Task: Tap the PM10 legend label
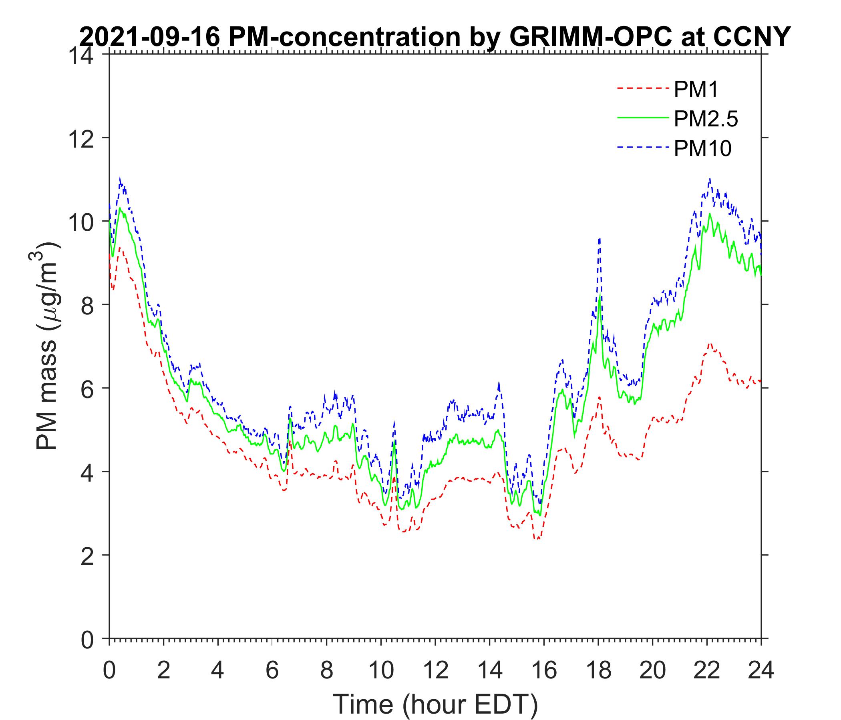pos(702,149)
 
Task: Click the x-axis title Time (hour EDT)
pos(435,704)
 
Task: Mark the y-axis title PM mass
pos(48,346)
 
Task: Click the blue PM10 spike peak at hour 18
pos(600,239)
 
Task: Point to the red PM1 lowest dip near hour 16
pos(538,539)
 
